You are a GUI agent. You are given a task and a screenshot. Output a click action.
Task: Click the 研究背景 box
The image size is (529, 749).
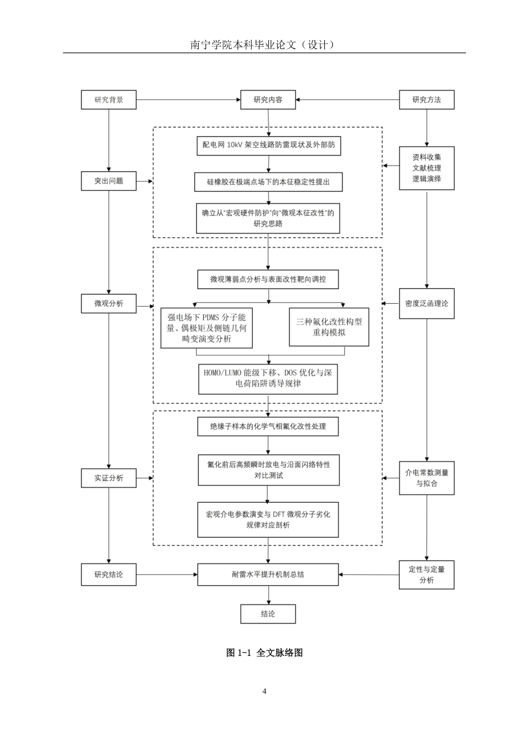(109, 100)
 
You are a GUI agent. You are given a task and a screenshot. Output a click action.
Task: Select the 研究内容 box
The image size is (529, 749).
(268, 100)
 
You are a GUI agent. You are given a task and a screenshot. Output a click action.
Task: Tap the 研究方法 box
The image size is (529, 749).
(427, 100)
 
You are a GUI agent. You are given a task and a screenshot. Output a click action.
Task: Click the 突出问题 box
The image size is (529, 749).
(109, 181)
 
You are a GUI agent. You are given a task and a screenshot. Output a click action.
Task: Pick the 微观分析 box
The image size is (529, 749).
(109, 304)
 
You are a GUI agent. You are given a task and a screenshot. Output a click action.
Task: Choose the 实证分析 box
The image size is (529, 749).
(109, 478)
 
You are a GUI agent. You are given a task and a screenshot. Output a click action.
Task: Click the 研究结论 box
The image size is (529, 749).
(109, 575)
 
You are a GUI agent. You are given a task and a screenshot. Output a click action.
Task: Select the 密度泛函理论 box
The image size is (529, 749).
(427, 304)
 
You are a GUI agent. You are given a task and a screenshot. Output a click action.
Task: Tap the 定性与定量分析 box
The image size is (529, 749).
(427, 575)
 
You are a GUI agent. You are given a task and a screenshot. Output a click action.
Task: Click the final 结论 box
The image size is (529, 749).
(268, 614)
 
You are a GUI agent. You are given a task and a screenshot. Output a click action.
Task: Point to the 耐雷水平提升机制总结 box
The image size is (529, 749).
(268, 575)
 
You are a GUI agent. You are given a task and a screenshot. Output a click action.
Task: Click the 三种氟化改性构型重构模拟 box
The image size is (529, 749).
(329, 327)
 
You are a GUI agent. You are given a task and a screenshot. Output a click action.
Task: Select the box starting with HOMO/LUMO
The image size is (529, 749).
(268, 379)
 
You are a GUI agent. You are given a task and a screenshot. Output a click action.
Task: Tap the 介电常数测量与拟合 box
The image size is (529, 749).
(427, 478)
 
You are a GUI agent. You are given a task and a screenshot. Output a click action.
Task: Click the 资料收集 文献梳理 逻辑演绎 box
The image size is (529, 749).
(427, 168)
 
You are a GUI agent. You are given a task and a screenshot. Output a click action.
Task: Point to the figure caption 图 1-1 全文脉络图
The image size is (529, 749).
(264, 653)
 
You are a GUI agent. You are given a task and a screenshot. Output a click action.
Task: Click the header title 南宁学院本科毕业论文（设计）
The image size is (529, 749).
(262, 45)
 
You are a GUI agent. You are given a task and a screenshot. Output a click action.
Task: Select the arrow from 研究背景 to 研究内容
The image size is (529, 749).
(188, 100)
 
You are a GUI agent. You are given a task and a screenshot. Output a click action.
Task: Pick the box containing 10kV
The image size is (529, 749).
(269, 146)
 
